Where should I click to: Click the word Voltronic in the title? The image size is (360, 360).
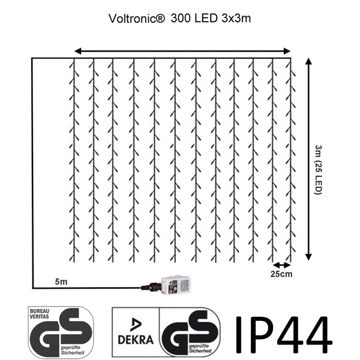pyautogui.click(x=137, y=19)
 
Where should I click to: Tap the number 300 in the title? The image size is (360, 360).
pyautogui.click(x=181, y=18)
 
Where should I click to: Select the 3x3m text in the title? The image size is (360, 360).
pyautogui.click(x=236, y=19)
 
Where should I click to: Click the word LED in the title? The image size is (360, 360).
pyautogui.click(x=206, y=18)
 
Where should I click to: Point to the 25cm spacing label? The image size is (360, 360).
pyautogui.click(x=281, y=274)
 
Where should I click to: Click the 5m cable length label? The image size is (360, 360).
pyautogui.click(x=61, y=281)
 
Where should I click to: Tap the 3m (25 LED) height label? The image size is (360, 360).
pyautogui.click(x=319, y=170)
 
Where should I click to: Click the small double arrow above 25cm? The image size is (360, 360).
pyautogui.click(x=282, y=265)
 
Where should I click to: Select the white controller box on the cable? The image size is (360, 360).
pyautogui.click(x=176, y=285)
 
